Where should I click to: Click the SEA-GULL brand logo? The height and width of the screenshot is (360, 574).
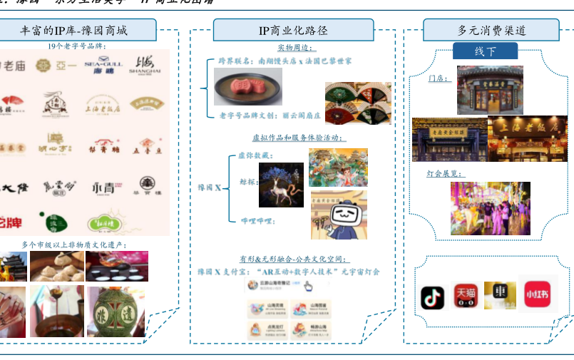click(x=103, y=66)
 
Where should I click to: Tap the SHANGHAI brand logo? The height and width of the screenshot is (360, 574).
click(x=145, y=66)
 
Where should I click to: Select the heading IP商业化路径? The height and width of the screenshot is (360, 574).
click(x=293, y=31)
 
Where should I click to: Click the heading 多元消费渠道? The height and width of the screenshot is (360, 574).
click(x=491, y=31)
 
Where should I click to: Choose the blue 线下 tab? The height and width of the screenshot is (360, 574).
click(x=486, y=51)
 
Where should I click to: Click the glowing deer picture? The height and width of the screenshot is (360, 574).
click(x=281, y=185)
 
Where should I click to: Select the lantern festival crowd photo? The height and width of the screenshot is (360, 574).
click(x=490, y=208)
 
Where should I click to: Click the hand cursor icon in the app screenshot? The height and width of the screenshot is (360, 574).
click(x=308, y=287)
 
